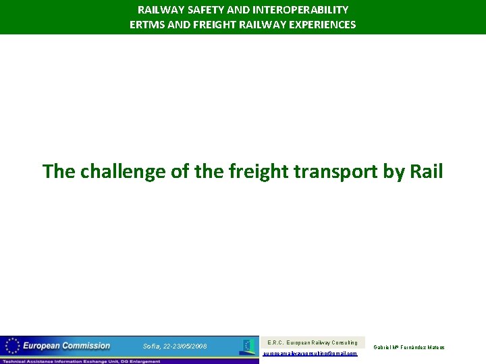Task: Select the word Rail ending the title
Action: point(426,171)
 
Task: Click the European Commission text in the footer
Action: point(66,346)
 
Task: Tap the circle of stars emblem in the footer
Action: point(11,346)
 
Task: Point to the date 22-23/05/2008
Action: point(184,346)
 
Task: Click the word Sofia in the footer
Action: point(151,346)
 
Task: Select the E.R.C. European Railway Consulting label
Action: point(313,342)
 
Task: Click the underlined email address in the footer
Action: point(310,353)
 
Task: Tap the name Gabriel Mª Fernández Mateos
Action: point(409,347)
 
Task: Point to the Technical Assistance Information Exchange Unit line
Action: point(81,361)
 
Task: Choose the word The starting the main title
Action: point(59,171)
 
